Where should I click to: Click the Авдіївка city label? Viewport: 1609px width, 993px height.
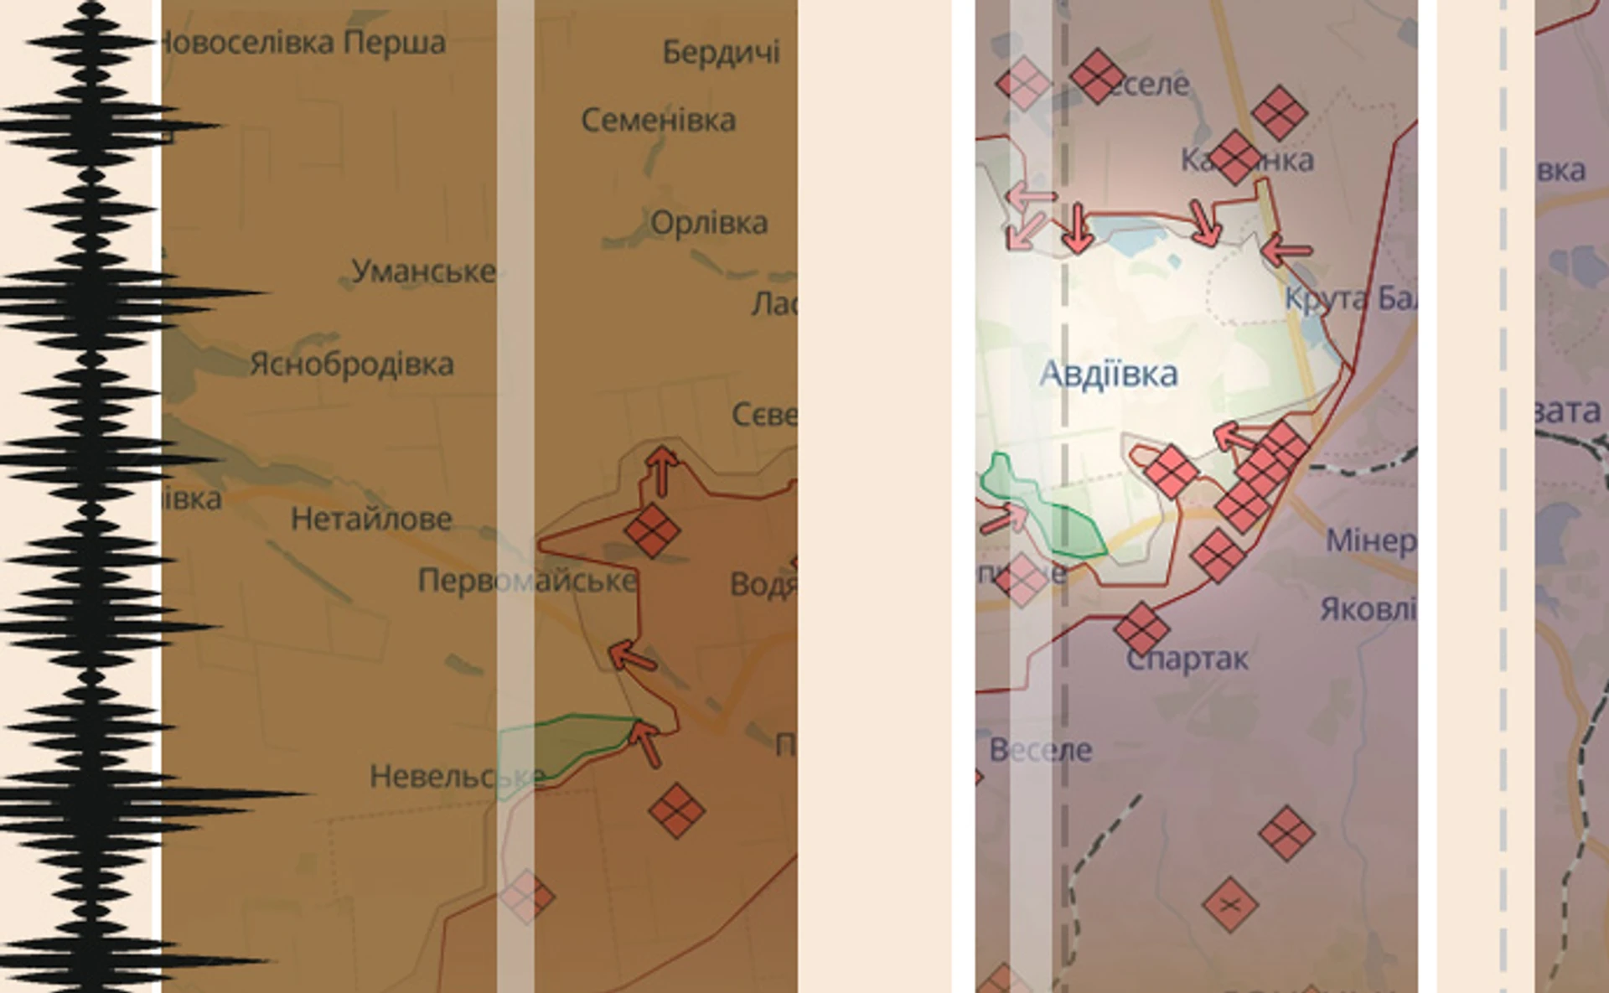[1108, 374]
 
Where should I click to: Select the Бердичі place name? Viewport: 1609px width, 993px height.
[721, 52]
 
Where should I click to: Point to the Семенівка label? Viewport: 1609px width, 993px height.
[659, 121]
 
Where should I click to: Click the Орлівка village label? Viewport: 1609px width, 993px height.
[709, 223]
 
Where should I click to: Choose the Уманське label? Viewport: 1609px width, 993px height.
[423, 272]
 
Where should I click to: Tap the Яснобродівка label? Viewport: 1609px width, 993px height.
[352, 365]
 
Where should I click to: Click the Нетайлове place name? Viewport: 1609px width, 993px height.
[371, 520]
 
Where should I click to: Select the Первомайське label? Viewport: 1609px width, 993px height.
[527, 581]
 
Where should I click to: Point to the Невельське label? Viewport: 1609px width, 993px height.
[457, 777]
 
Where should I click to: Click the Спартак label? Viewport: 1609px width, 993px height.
[1187, 659]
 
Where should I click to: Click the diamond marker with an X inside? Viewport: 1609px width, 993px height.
[1229, 904]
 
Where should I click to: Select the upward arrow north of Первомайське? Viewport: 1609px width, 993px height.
[663, 469]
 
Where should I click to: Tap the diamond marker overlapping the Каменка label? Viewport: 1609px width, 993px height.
[1234, 157]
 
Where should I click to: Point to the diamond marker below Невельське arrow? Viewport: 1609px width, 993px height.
[676, 809]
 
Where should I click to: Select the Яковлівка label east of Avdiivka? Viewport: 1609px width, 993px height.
[1368, 609]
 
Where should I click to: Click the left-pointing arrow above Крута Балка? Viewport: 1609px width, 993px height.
[1286, 249]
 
